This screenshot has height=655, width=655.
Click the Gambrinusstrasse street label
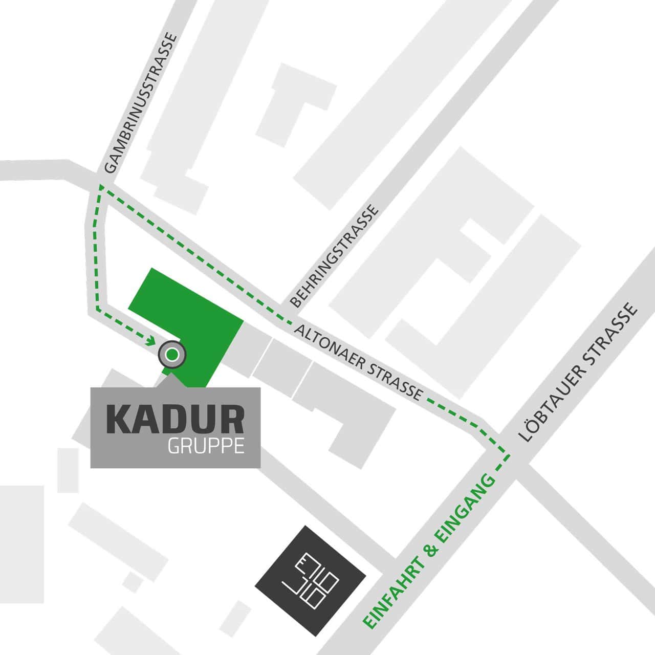140,103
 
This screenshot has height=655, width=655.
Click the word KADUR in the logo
174,420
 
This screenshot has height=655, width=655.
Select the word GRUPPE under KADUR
205,447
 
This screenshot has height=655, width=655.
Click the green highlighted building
194,317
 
